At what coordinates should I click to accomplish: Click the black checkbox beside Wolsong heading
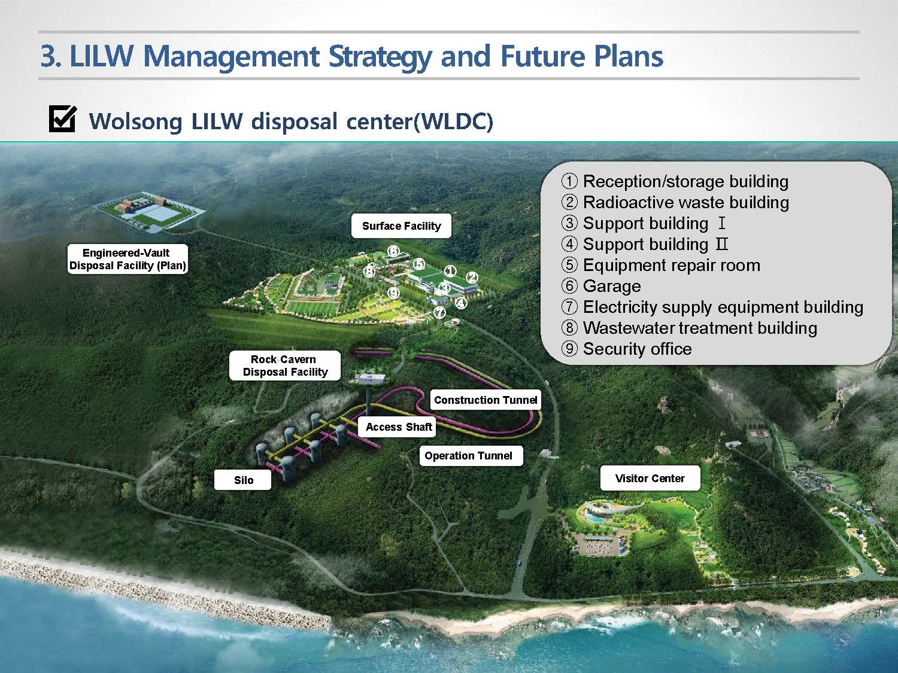click(x=62, y=119)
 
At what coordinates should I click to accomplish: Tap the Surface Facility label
click(x=401, y=226)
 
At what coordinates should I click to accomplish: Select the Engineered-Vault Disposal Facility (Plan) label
click(x=128, y=259)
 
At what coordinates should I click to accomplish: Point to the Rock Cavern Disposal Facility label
click(x=285, y=366)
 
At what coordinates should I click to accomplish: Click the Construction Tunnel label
click(x=486, y=400)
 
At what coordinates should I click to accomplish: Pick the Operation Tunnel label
click(x=468, y=456)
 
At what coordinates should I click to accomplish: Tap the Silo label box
click(x=244, y=480)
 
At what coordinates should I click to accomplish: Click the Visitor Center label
click(x=650, y=478)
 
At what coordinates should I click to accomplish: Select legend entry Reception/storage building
click(x=675, y=181)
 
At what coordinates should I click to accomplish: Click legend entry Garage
click(x=601, y=286)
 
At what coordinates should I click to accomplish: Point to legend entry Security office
click(x=626, y=349)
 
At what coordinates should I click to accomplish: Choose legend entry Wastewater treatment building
click(x=689, y=328)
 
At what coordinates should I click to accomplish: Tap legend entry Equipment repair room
click(x=661, y=265)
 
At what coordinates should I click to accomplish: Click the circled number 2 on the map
click(x=472, y=278)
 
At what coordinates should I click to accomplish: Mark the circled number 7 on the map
click(x=439, y=313)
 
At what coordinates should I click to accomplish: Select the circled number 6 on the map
click(x=393, y=251)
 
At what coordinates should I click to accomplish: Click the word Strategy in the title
click(x=380, y=57)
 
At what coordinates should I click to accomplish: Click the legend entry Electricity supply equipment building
click(x=712, y=307)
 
